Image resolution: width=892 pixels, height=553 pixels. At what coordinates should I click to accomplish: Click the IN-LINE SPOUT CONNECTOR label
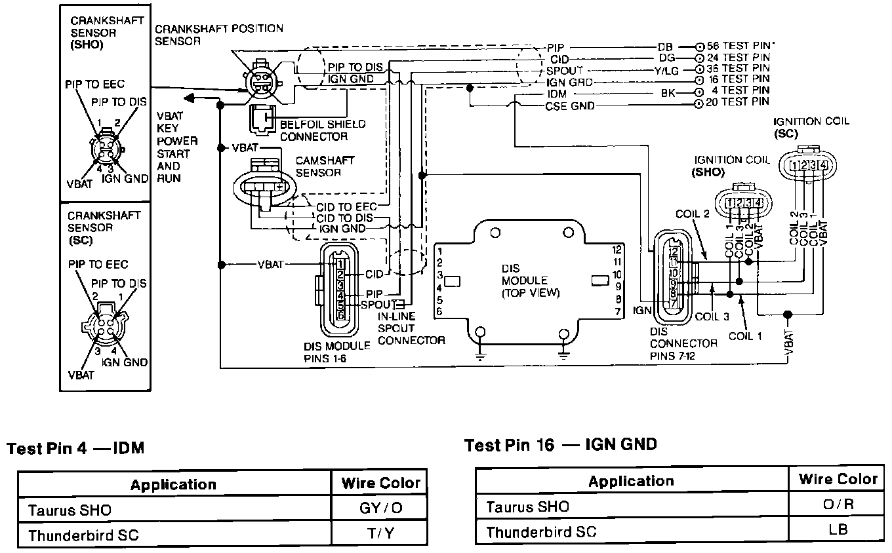[411, 328]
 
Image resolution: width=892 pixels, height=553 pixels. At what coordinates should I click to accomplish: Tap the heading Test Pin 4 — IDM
[75, 449]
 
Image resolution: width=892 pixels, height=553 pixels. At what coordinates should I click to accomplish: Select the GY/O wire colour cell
[381, 509]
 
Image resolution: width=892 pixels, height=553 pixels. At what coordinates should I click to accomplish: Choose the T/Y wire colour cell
[381, 535]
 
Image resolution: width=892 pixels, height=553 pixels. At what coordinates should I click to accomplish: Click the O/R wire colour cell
[838, 505]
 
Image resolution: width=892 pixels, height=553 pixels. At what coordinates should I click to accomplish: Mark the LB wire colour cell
[838, 530]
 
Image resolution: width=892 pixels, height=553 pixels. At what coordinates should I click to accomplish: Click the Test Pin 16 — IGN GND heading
[560, 445]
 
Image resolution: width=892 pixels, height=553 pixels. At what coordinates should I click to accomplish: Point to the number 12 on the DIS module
[616, 250]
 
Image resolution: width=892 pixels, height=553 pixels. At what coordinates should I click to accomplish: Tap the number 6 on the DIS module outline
[439, 311]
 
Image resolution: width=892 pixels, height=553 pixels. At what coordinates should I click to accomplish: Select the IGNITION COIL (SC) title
[811, 127]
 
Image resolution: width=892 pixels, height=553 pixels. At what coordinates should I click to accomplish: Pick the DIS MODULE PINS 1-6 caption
[337, 351]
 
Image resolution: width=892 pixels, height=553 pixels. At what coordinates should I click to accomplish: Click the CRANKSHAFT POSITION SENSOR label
[218, 35]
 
